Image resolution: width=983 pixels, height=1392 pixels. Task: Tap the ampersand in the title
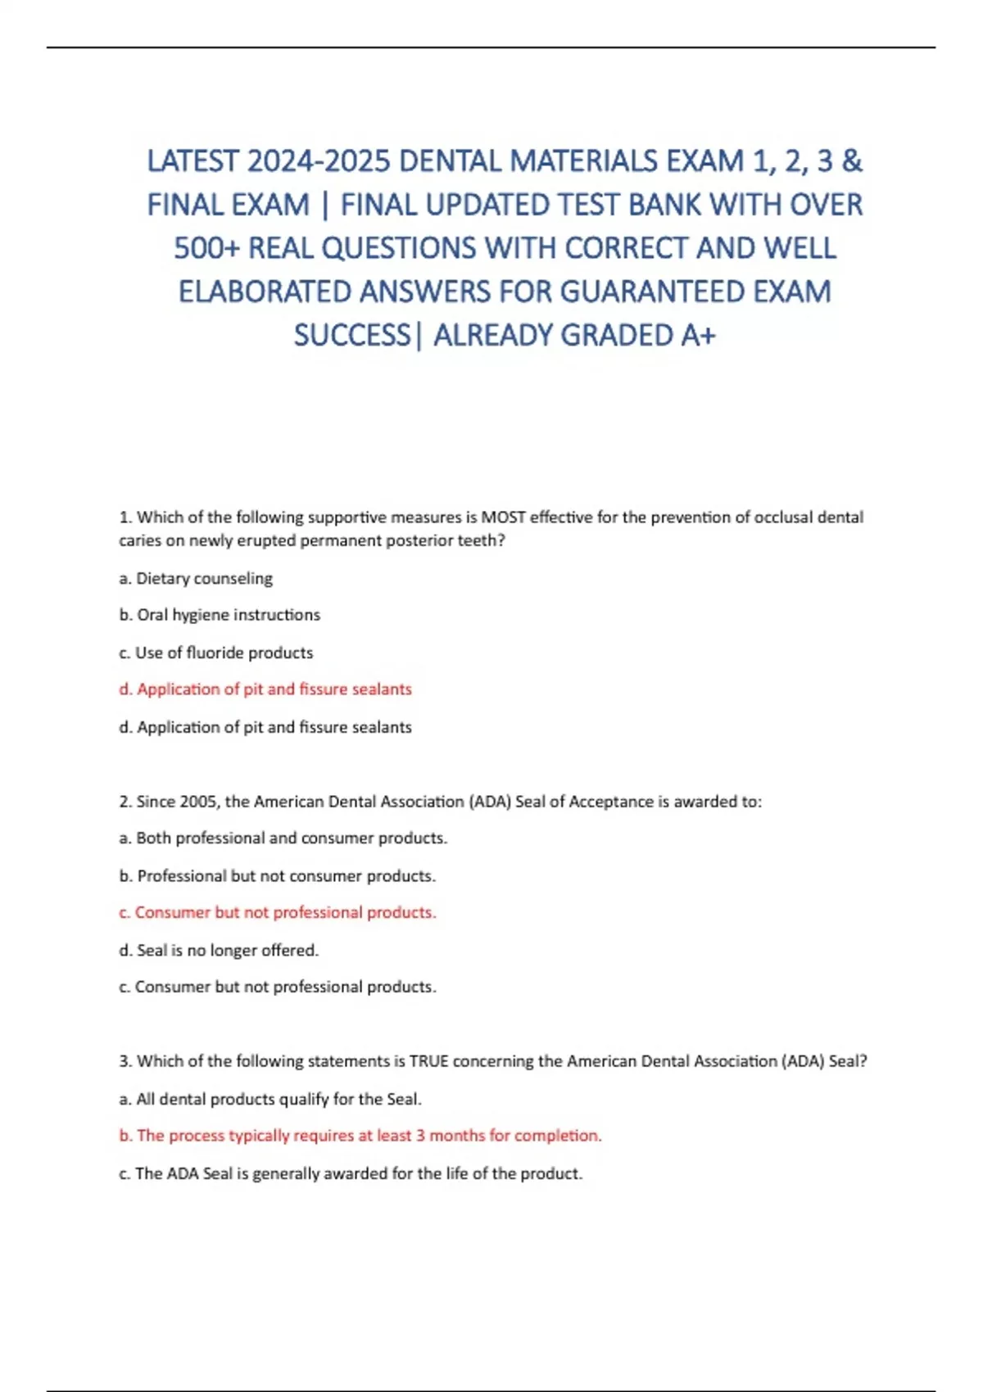click(851, 161)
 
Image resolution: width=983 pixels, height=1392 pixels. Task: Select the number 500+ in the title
click(206, 248)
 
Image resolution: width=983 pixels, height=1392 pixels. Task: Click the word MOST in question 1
click(503, 517)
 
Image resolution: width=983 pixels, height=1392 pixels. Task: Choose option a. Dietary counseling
click(196, 579)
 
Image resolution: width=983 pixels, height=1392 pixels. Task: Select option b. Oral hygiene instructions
click(220, 615)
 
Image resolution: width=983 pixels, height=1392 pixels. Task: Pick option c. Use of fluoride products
click(216, 653)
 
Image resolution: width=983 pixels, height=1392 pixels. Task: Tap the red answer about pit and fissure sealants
click(265, 689)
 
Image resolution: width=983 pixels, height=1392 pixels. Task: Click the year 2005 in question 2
click(198, 802)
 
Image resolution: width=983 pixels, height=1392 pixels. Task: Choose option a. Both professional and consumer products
click(283, 838)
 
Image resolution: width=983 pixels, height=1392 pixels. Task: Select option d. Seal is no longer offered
click(219, 951)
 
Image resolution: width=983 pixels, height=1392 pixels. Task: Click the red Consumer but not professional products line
click(278, 913)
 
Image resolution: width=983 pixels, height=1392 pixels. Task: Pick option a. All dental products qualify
click(270, 1100)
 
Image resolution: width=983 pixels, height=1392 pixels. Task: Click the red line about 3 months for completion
click(360, 1136)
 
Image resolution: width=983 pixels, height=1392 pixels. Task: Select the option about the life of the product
click(351, 1173)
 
